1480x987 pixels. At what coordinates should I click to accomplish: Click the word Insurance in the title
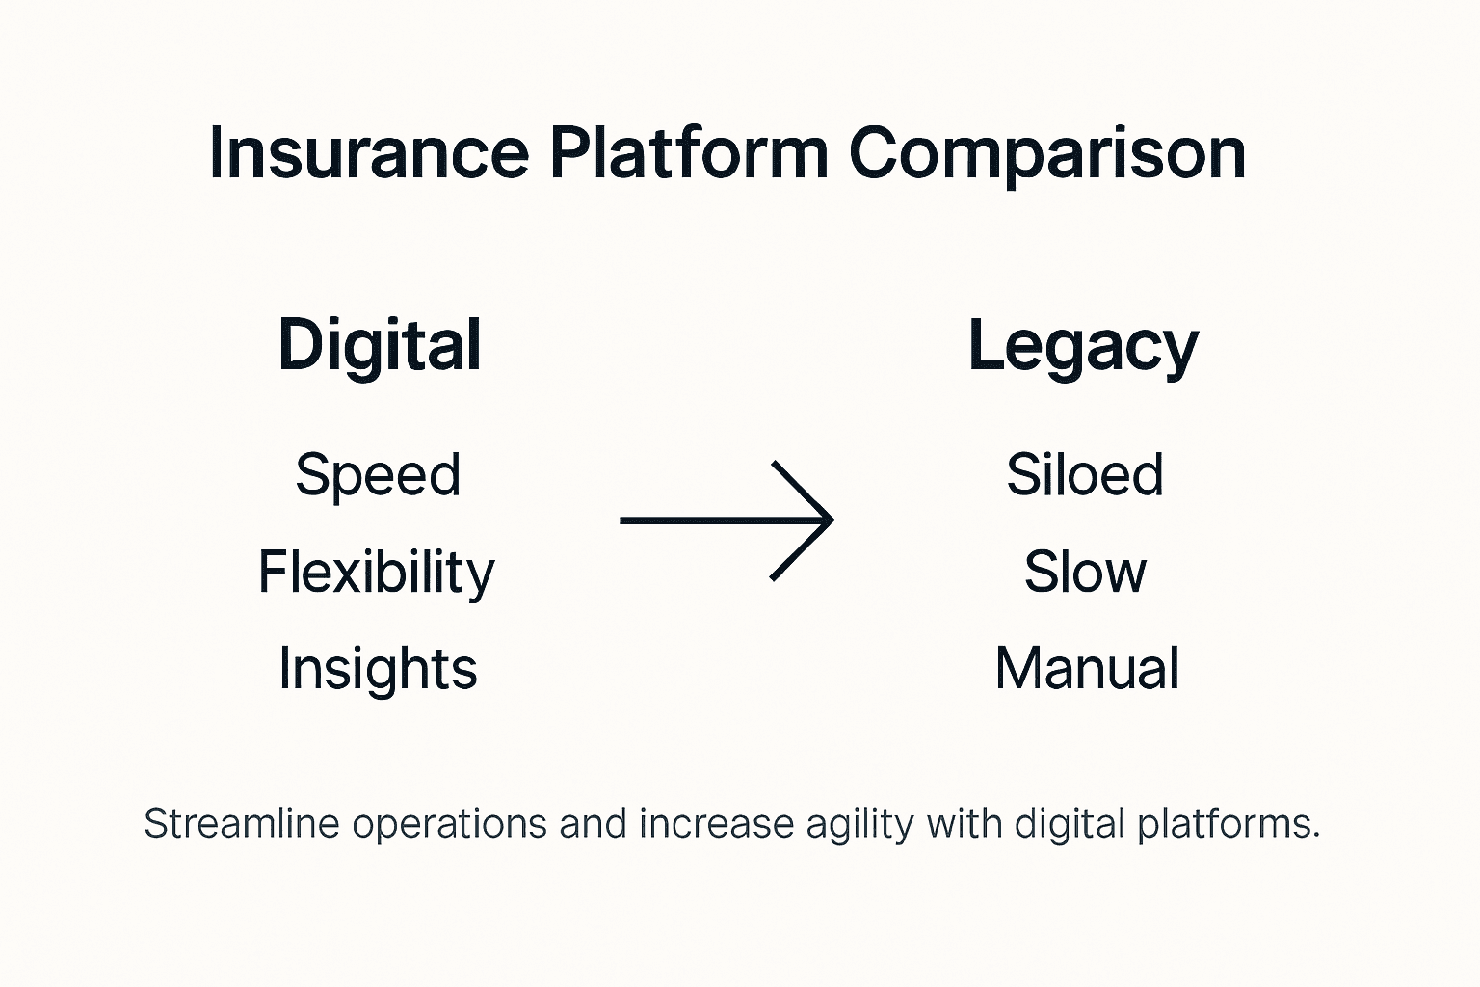pos(369,153)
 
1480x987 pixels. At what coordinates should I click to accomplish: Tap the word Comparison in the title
pos(1047,153)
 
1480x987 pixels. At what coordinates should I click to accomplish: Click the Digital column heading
pos(380,346)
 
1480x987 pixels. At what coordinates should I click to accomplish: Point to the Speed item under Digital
pos(378,475)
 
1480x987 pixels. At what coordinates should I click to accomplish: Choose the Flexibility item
pos(376,572)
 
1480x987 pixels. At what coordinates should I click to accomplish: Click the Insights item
pos(378,668)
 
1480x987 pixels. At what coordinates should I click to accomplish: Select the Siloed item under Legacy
pos(1085,474)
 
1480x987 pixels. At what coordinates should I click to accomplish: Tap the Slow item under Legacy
pos(1085,572)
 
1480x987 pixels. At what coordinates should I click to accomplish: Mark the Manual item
pos(1087,668)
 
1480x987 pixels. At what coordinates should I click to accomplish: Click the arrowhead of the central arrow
pos(819,520)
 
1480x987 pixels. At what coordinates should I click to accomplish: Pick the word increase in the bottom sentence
pos(716,824)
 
